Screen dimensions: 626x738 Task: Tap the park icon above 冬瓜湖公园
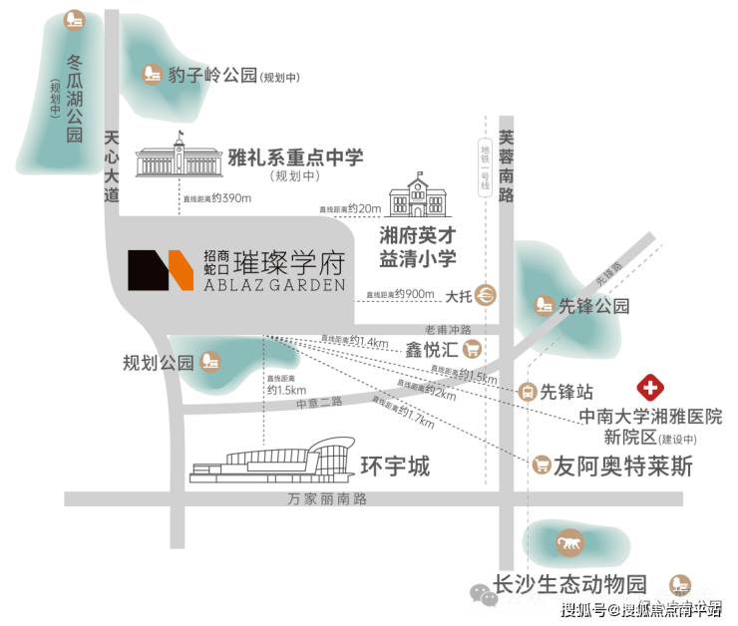pos(73,19)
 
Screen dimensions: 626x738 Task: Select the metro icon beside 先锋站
pos(529,392)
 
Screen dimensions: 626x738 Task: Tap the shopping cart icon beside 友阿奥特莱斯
pos(543,464)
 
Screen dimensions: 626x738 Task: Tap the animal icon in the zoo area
pos(567,544)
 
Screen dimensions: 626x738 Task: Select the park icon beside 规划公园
pos(208,361)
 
